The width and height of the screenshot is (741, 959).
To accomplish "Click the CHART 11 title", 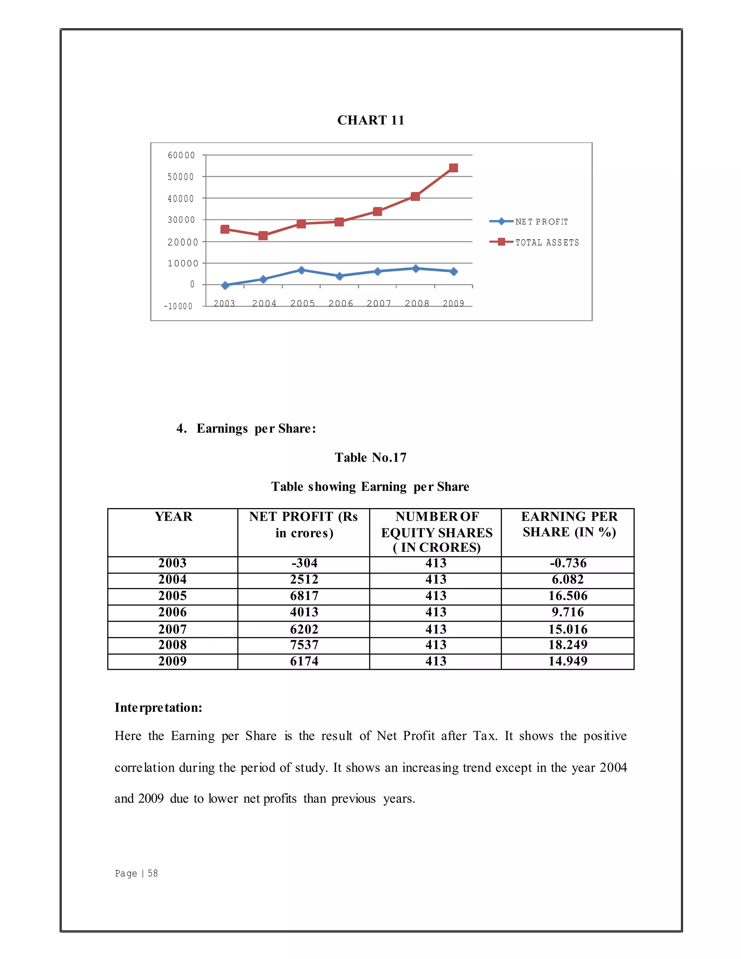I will (370, 120).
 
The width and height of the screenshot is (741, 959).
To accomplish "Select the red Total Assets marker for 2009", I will (453, 168).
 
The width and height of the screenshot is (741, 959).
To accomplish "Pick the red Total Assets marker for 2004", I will (263, 236).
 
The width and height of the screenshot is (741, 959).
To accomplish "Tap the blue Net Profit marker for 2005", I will (301, 270).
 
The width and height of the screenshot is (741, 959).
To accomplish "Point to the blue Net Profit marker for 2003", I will (225, 286).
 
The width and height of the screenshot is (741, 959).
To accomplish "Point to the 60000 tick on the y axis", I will (181, 155).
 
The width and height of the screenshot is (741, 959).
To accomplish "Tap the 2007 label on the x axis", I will (378, 303).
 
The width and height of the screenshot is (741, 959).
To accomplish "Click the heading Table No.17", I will (370, 457).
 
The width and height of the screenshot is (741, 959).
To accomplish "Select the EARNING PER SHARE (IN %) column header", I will (569, 524).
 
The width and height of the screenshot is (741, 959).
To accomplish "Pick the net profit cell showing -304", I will (304, 563).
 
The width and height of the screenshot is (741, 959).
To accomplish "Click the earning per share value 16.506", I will (568, 596).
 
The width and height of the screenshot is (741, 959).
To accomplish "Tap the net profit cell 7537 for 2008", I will (304, 645).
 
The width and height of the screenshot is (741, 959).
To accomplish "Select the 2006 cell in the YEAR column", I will (173, 612).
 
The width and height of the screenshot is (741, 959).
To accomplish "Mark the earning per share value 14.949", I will (568, 661).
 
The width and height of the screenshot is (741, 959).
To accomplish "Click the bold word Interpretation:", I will (158, 707).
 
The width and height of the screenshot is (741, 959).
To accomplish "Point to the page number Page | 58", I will (136, 873).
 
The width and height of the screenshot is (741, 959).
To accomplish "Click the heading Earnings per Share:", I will (256, 428).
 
